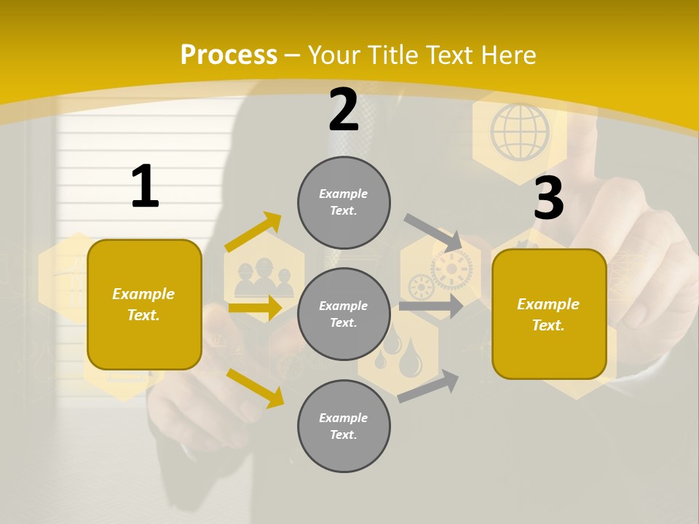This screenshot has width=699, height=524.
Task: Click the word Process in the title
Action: click(229, 55)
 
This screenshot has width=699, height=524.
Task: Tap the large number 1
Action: click(145, 187)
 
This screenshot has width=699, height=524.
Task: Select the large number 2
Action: click(344, 111)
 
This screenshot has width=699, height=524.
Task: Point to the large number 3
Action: click(548, 199)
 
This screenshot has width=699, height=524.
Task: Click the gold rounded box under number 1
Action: click(144, 304)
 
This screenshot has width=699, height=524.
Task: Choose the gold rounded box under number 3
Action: click(549, 314)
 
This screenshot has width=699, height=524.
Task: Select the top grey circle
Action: click(344, 202)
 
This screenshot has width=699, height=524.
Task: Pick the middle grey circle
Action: click(344, 314)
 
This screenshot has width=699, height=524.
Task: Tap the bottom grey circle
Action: click(344, 426)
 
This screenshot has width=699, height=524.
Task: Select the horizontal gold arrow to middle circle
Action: click(254, 308)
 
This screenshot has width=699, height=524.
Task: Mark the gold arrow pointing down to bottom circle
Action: click(255, 388)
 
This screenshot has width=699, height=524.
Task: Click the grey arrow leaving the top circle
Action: click(433, 232)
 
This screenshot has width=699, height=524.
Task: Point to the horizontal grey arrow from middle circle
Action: click(430, 306)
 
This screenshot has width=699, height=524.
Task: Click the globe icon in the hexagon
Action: click(519, 132)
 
